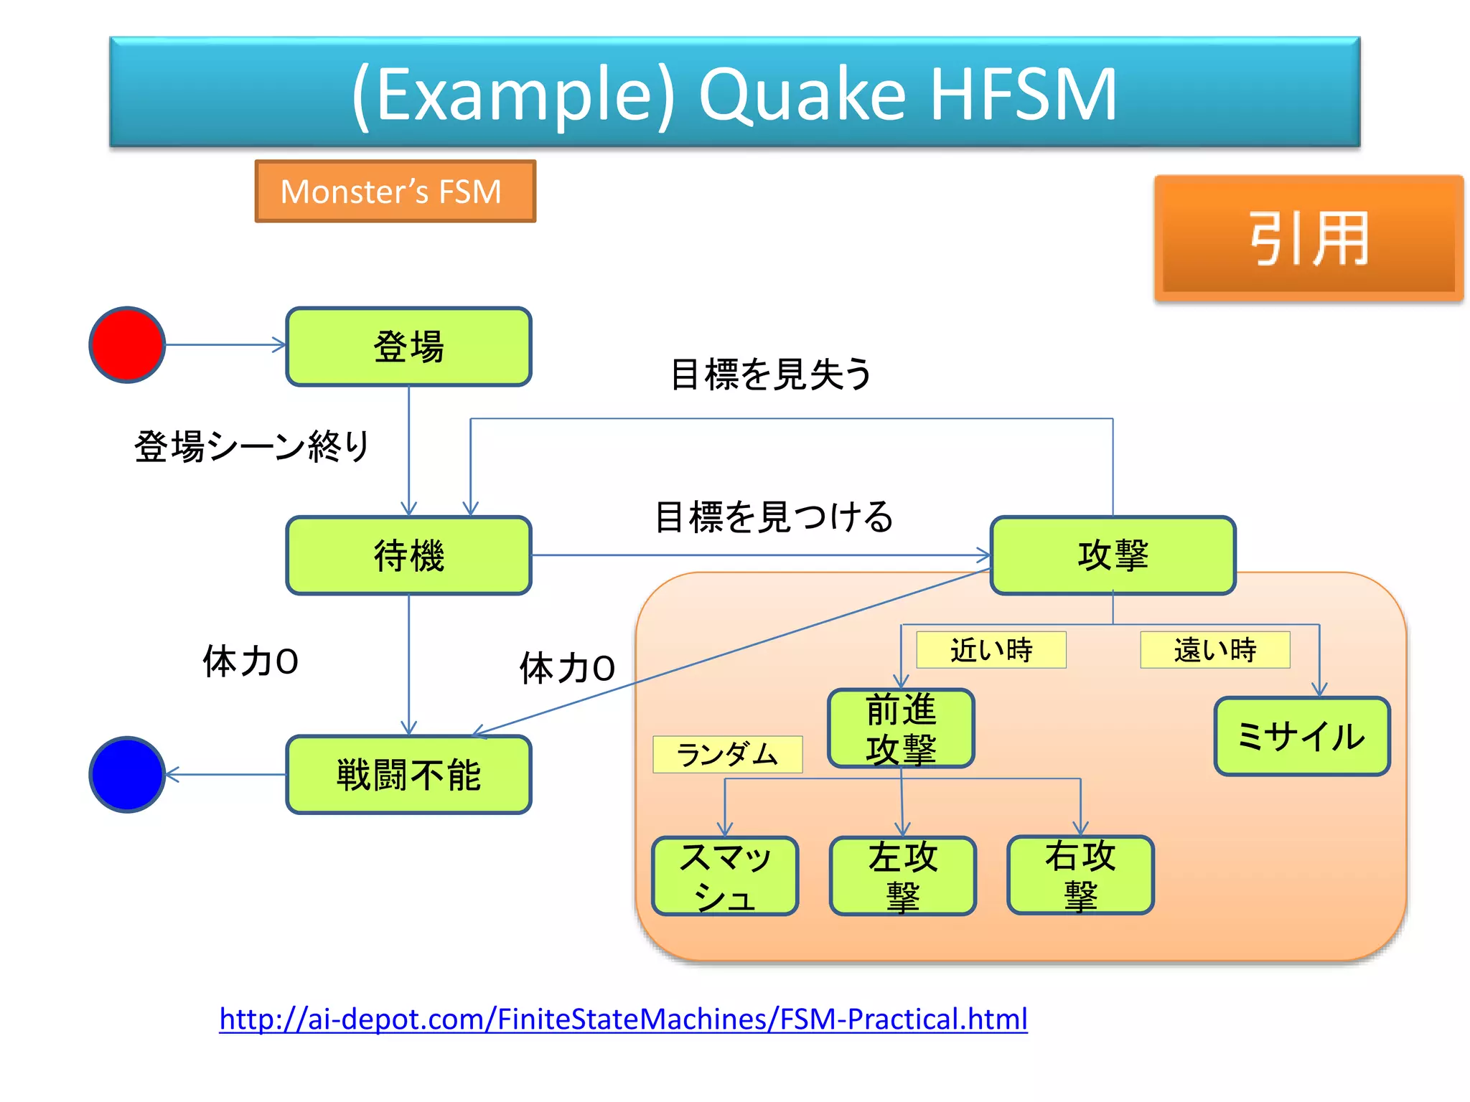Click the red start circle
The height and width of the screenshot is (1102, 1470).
pyautogui.click(x=127, y=345)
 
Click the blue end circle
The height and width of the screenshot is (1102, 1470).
pyautogui.click(x=127, y=774)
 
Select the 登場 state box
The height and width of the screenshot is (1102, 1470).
pyautogui.click(x=408, y=347)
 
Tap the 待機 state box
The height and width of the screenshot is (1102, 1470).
pyautogui.click(x=408, y=555)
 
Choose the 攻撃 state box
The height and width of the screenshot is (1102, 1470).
pyautogui.click(x=1113, y=555)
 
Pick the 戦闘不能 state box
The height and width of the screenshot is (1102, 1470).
pyautogui.click(x=408, y=775)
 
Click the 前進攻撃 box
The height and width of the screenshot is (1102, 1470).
pyautogui.click(x=901, y=728)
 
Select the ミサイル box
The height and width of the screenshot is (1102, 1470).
pyautogui.click(x=1301, y=736)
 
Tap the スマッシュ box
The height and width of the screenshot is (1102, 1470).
pyautogui.click(x=725, y=876)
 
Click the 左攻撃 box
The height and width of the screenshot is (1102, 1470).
pyautogui.click(x=902, y=876)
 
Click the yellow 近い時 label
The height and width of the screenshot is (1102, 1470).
pyautogui.click(x=991, y=650)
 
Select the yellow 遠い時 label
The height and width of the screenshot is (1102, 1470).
pyautogui.click(x=1214, y=650)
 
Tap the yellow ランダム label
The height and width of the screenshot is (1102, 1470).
pyautogui.click(x=727, y=754)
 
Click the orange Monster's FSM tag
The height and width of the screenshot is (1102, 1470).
pyautogui.click(x=395, y=192)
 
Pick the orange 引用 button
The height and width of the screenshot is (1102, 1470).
pyautogui.click(x=1308, y=238)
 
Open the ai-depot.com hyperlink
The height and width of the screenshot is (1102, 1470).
pyautogui.click(x=623, y=1019)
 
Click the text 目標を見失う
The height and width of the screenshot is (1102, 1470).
pyautogui.click(x=771, y=375)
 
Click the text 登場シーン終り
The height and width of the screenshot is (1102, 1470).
pyautogui.click(x=251, y=446)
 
